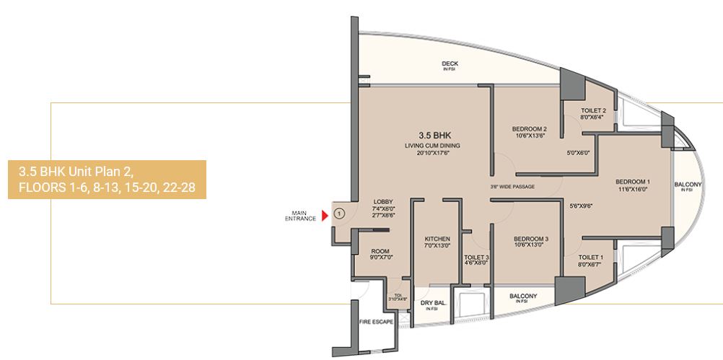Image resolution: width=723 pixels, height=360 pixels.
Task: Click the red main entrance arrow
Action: [x=325, y=214]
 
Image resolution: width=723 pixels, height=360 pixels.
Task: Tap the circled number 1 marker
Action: [x=339, y=214]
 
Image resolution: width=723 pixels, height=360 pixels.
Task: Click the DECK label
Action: [x=450, y=63]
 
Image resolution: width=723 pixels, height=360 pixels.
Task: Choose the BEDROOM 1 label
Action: [x=633, y=181]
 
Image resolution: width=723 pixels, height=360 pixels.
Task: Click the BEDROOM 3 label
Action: [x=531, y=239]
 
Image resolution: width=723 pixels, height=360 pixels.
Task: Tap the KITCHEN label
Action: [x=437, y=239]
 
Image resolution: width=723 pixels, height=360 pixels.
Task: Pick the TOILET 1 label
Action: [x=592, y=257]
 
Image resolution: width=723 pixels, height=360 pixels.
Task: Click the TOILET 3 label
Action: [x=477, y=257]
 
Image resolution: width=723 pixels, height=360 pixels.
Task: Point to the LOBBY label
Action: [x=382, y=201]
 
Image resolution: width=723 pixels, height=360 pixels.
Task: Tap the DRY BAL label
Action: [x=431, y=303]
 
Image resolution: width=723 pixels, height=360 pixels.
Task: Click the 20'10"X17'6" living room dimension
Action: [x=432, y=153]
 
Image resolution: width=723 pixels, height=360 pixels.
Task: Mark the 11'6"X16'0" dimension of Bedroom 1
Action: [x=633, y=189]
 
